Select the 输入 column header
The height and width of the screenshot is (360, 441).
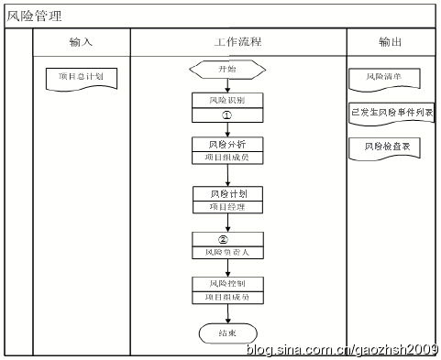(82, 42)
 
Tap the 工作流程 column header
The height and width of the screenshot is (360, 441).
(237, 42)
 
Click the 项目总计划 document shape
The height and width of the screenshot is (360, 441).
(82, 77)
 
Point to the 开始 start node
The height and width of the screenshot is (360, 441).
(228, 70)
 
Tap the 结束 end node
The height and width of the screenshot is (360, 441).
(228, 333)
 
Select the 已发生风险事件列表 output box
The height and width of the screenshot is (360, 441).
(392, 112)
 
